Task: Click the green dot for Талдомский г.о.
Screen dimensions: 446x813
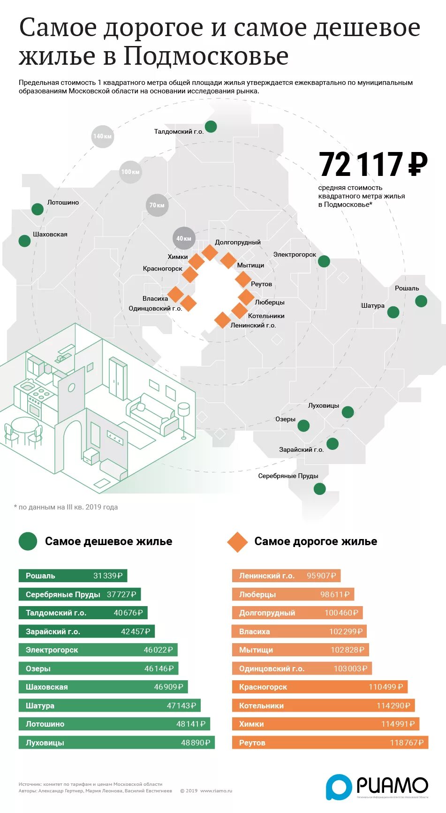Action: pyautogui.click(x=211, y=126)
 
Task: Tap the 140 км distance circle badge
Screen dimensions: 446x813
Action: pyautogui.click(x=103, y=137)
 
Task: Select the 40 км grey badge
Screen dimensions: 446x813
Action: pyautogui.click(x=184, y=238)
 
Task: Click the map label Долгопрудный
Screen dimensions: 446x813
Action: pyautogui.click(x=237, y=242)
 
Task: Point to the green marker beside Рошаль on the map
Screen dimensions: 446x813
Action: pyautogui.click(x=421, y=301)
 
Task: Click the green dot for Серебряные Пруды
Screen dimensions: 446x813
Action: pyautogui.click(x=319, y=489)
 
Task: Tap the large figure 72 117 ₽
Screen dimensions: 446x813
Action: pyautogui.click(x=373, y=164)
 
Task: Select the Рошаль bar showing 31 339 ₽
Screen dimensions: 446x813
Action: pyautogui.click(x=73, y=576)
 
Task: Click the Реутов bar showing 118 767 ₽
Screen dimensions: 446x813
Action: pyautogui.click(x=330, y=743)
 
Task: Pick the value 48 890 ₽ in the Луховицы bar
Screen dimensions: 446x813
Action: pyautogui.click(x=196, y=743)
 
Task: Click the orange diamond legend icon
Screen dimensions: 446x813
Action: pyautogui.click(x=237, y=542)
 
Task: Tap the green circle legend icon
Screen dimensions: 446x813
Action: pyautogui.click(x=28, y=541)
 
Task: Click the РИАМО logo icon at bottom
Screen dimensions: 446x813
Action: pyautogui.click(x=339, y=786)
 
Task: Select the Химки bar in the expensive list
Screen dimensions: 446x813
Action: pyautogui.click(x=325, y=724)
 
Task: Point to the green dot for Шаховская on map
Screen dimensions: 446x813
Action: pyautogui.click(x=24, y=241)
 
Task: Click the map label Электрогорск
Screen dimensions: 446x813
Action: pyautogui.click(x=295, y=254)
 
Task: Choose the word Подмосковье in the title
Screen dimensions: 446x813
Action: pyautogui.click(x=206, y=56)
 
